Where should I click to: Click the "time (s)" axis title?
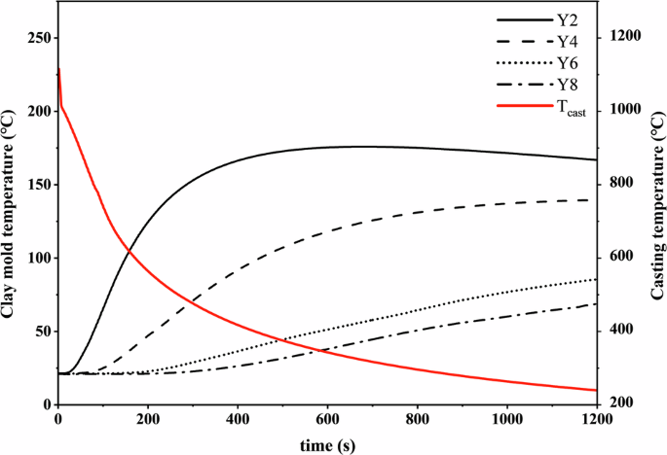point(326,442)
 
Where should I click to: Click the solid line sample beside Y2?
point(522,19)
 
